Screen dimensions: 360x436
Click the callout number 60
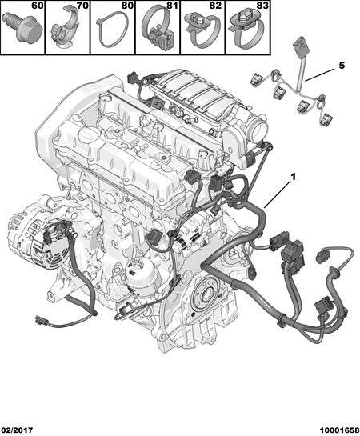pos(38,6)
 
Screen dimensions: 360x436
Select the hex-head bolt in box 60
pos(22,26)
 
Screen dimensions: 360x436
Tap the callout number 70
pos(83,6)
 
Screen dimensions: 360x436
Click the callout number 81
pos(173,6)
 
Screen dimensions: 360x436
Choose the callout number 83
pos(263,6)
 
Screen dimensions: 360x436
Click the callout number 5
pos(342,66)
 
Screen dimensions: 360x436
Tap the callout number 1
pos(293,176)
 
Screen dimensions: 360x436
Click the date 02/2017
pos(17,430)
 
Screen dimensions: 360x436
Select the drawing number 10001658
pos(339,430)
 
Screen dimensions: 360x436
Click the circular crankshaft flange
pos(206,294)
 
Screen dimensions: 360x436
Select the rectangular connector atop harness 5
pos(301,45)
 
